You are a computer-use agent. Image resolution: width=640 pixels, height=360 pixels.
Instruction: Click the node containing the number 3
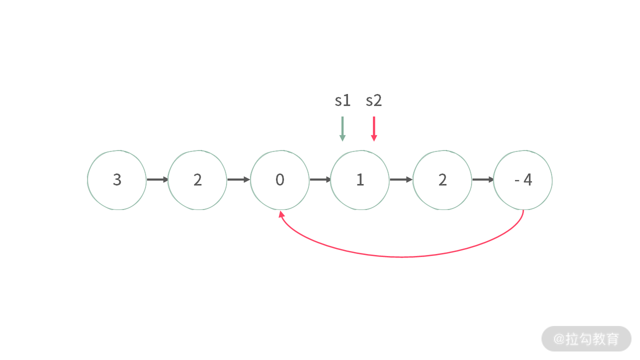click(117, 180)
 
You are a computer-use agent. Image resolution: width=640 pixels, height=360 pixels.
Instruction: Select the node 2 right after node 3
click(197, 180)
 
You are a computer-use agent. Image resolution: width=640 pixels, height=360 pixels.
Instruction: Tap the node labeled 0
click(279, 180)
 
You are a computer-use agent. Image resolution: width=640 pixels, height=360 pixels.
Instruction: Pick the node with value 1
click(360, 180)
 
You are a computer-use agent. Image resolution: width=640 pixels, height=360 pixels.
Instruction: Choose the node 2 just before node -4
click(442, 180)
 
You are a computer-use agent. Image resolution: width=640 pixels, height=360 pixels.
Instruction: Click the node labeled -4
click(523, 180)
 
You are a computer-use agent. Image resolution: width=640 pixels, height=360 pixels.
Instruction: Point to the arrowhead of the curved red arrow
click(281, 213)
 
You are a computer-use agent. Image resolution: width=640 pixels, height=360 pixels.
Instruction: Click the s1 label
click(342, 100)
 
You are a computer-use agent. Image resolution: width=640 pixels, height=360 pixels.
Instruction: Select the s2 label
click(373, 100)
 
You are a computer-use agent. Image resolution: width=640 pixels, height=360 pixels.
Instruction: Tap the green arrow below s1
click(342, 128)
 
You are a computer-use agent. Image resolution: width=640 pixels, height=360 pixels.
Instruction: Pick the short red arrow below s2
click(374, 128)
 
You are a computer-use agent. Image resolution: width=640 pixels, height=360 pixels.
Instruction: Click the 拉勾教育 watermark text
click(592, 339)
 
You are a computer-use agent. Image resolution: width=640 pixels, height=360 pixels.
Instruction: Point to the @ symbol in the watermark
click(559, 339)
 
